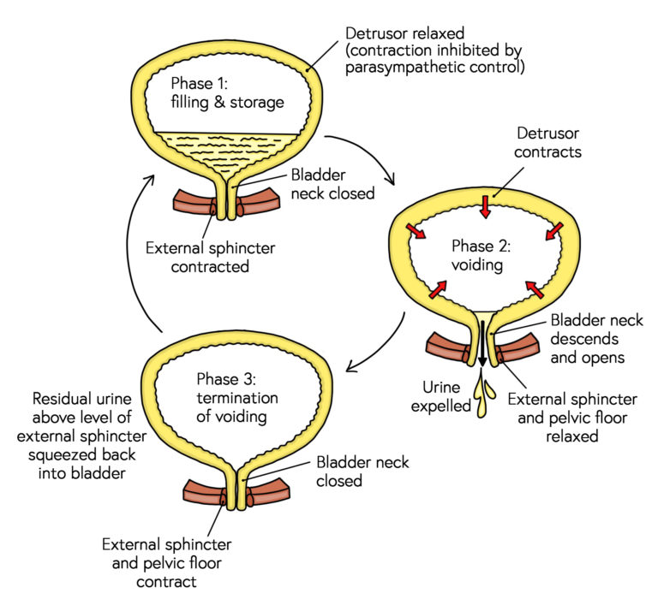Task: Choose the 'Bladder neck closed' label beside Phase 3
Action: tap(362, 472)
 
